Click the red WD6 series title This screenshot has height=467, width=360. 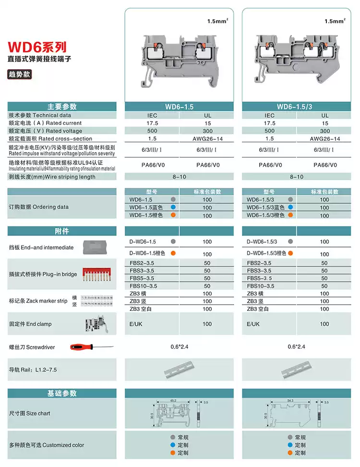(x=37, y=47)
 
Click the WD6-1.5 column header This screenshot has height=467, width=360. (x=179, y=107)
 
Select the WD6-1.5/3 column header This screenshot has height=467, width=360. (x=295, y=107)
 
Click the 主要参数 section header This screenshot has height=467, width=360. (x=62, y=107)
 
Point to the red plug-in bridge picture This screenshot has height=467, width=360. (x=99, y=274)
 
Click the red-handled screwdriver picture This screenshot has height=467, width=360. (x=91, y=347)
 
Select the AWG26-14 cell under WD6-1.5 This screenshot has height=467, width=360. (x=207, y=138)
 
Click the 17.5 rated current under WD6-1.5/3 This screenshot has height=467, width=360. (x=269, y=123)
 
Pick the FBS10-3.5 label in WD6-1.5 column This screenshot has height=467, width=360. (x=143, y=286)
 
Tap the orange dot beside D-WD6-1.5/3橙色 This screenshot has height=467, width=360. (x=290, y=253)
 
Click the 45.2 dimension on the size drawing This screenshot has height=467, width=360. (x=173, y=400)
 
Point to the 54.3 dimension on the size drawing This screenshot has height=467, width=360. (x=290, y=400)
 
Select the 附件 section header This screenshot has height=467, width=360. (x=62, y=231)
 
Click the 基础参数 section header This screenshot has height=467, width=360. (x=62, y=393)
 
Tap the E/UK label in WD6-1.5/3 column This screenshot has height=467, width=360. (x=255, y=324)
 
